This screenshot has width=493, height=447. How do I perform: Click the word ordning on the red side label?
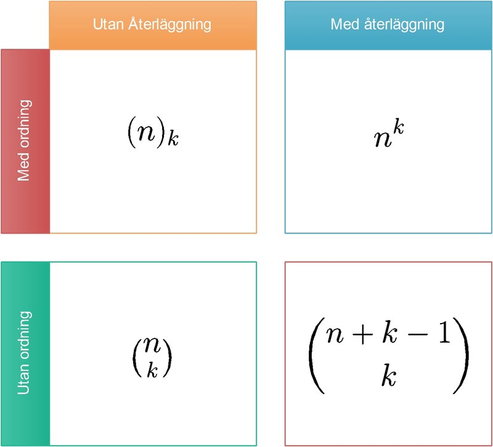point(25,126)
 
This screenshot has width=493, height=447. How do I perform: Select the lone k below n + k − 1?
point(388,376)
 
